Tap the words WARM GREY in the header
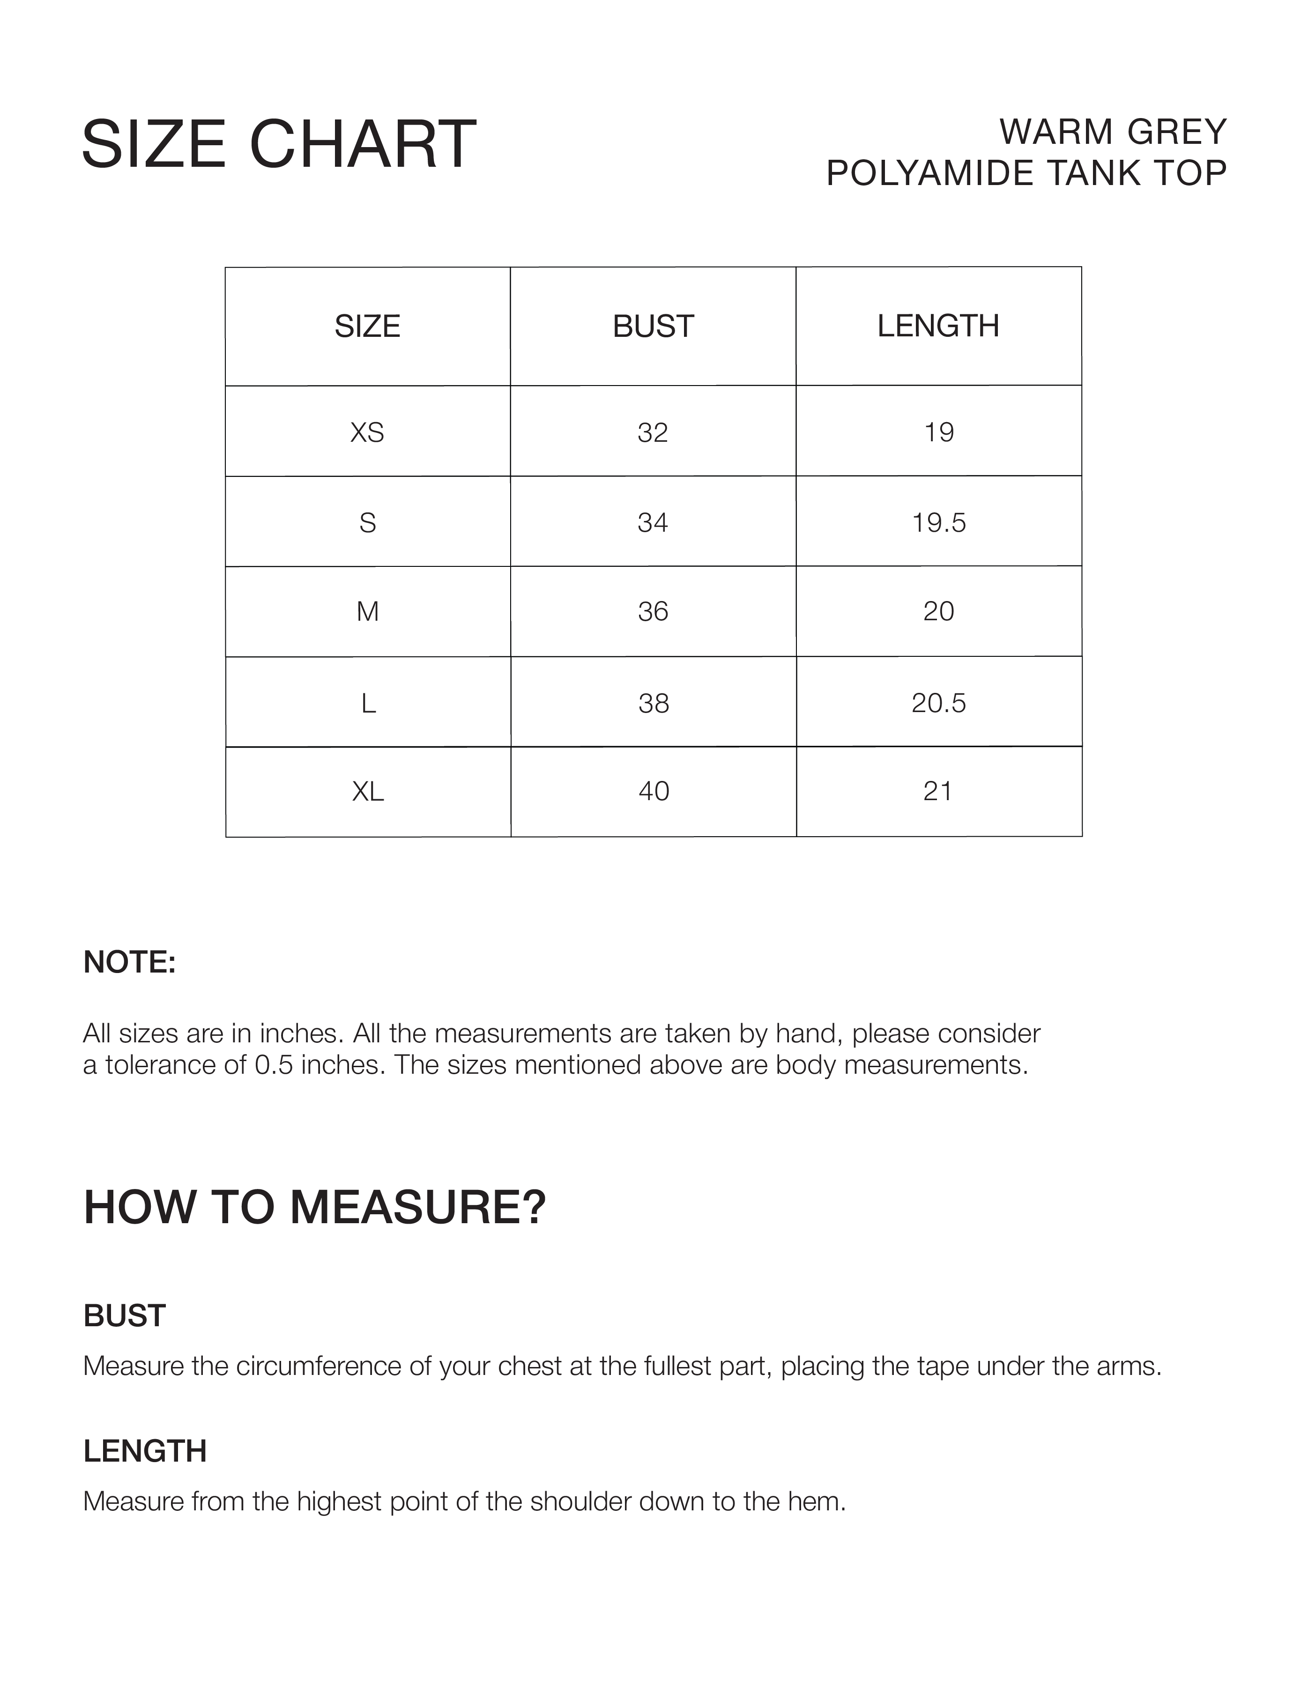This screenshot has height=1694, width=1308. (x=1113, y=132)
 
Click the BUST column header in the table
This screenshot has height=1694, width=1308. (x=653, y=327)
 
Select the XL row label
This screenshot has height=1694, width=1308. (x=368, y=791)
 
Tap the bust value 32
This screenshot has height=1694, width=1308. (x=653, y=432)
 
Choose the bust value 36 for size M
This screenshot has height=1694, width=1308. (x=653, y=612)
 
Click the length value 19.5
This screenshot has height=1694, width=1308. (x=939, y=523)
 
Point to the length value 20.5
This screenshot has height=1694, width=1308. (x=939, y=703)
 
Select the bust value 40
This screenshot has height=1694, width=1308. (x=653, y=791)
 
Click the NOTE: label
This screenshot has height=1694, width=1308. (x=130, y=963)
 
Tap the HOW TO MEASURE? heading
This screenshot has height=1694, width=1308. (x=315, y=1208)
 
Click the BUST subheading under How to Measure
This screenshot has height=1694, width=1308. (x=124, y=1316)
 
